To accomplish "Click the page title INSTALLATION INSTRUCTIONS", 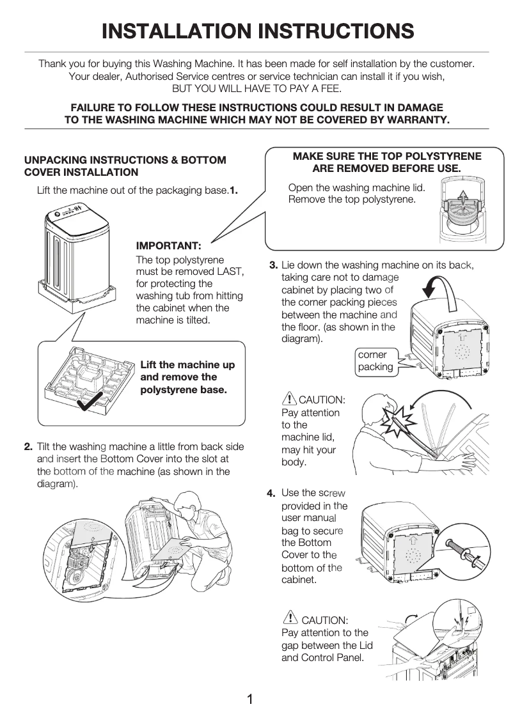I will tap(257, 31).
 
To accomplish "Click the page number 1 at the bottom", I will tap(251, 699).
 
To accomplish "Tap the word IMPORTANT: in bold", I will tap(169, 246).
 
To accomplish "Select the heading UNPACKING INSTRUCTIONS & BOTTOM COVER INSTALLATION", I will tap(125, 166).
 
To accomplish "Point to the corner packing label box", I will tap(375, 361).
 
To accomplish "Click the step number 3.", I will tap(273, 265).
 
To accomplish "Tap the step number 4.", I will tap(271, 493).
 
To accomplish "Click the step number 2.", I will tap(29, 446).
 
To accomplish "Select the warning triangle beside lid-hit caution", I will tap(289, 399).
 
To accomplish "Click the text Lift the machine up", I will tap(187, 365).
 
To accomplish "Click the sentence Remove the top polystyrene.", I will tap(352, 199).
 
